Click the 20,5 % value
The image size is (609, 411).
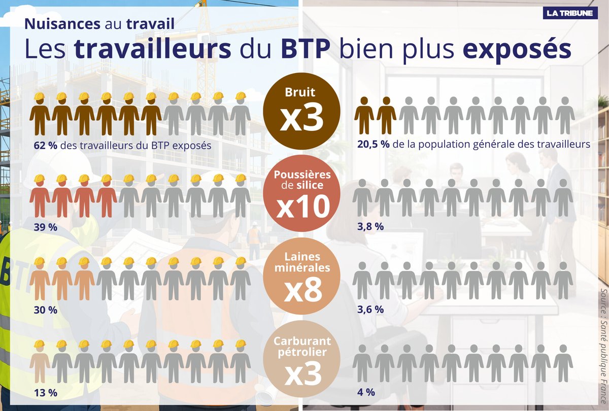[x=373, y=144]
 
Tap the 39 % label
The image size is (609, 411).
[x=45, y=227]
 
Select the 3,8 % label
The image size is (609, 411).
[x=370, y=227]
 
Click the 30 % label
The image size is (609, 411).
[x=45, y=310]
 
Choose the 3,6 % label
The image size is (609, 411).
[x=370, y=309]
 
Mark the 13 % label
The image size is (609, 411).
[x=45, y=392]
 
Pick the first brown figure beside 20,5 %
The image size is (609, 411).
[x=364, y=115]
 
